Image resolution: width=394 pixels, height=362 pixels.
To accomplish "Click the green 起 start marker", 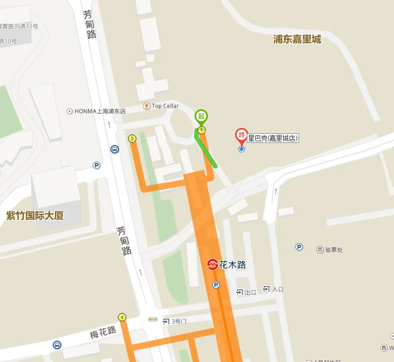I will point(201,116).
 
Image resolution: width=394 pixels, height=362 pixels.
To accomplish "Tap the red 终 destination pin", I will point(242,135).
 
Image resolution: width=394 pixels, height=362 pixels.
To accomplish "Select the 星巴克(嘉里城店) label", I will point(272,139).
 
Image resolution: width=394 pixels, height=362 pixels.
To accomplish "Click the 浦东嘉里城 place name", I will point(297,39).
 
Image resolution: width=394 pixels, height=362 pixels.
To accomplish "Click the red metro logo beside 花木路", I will point(212,264).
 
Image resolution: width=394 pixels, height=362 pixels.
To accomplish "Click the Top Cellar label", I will point(165,106).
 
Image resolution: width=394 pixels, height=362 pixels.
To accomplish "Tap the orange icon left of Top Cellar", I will point(146,106).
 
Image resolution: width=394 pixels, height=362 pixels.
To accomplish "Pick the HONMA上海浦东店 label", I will point(100,111).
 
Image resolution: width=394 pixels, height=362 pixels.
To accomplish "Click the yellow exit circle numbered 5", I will point(132,139).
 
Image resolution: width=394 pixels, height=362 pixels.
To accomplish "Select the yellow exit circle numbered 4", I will point(122,317).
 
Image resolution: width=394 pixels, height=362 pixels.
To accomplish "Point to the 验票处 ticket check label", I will point(333,250).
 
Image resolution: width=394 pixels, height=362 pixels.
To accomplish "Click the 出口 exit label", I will point(250,292).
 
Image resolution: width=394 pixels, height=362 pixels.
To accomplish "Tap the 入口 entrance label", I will point(277,289).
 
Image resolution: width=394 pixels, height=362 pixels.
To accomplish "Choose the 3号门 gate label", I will point(179,321).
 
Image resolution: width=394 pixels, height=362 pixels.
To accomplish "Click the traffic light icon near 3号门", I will point(153,319).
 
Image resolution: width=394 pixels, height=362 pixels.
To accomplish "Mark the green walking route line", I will point(207,151).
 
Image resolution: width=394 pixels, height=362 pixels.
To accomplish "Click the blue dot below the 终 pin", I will point(242,149).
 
